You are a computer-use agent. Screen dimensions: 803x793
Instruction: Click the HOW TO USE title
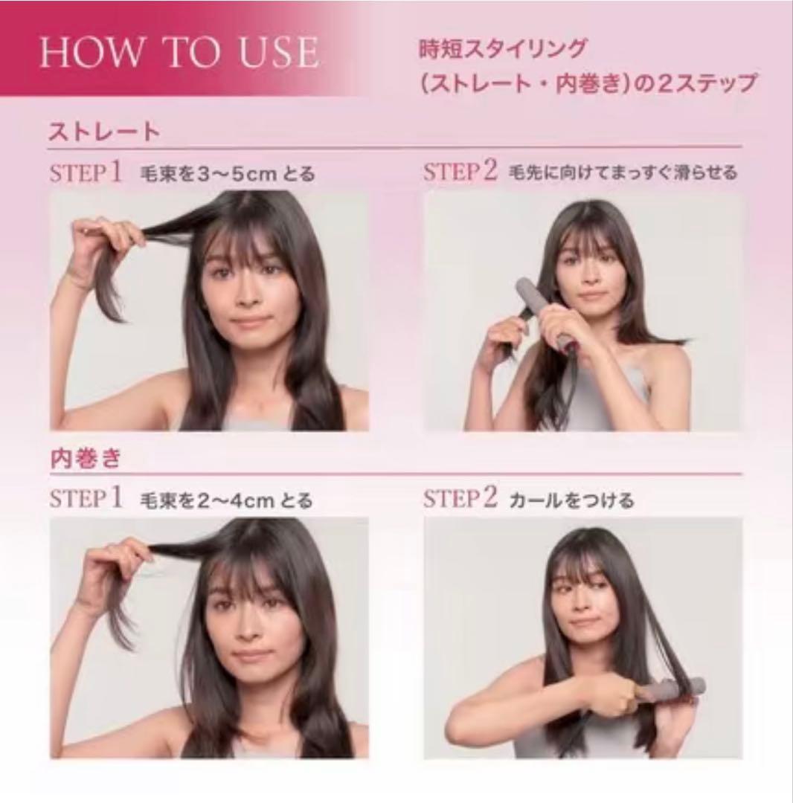[179, 52]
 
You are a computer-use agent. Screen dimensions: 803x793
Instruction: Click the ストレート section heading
[103, 132]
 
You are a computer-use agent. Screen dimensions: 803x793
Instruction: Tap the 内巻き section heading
[85, 458]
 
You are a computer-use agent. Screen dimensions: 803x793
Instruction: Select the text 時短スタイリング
[503, 50]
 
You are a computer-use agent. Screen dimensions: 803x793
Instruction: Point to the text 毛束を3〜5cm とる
[227, 175]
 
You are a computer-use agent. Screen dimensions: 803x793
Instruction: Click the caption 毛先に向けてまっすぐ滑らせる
[623, 173]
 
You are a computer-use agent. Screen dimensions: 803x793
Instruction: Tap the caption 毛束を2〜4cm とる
[225, 500]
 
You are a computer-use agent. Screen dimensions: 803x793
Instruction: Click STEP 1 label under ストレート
[86, 173]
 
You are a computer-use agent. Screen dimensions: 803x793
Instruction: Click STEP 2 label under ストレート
[460, 172]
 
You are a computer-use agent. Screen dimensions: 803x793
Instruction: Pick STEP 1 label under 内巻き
[86, 499]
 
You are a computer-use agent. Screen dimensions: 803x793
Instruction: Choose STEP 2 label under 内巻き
[460, 499]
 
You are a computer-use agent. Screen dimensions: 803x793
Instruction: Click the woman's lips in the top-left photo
[251, 322]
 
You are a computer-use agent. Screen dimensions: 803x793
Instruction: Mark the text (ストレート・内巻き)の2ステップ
[588, 83]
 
